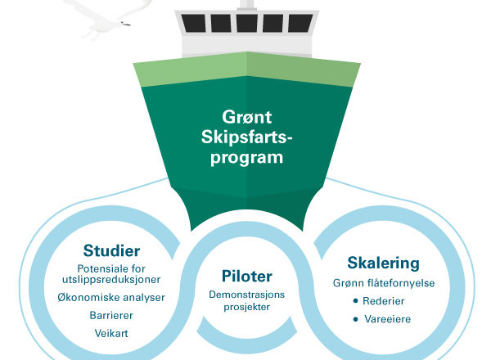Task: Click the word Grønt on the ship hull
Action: pos(247,118)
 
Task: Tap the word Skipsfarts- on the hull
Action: pos(246,137)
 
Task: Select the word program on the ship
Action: pos(247,157)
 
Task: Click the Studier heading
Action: pos(111,250)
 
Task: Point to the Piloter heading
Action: pos(247,276)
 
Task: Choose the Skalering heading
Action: pos(383,263)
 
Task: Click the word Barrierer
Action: pos(111,315)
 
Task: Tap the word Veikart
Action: pos(111,333)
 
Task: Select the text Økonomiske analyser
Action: pos(111,297)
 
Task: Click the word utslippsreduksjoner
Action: pos(111,279)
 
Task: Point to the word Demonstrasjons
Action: pos(247,295)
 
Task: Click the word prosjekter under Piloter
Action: pos(247,307)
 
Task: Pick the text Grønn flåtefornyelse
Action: pos(384,283)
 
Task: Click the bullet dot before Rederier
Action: pos(355,301)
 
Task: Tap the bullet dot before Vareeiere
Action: pos(355,319)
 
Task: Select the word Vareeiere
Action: pos(387,319)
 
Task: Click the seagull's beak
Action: pos(126,24)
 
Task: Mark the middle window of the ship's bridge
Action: pos(247,23)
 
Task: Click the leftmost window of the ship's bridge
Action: pos(193,23)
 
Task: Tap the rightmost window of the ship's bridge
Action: pos(300,23)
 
